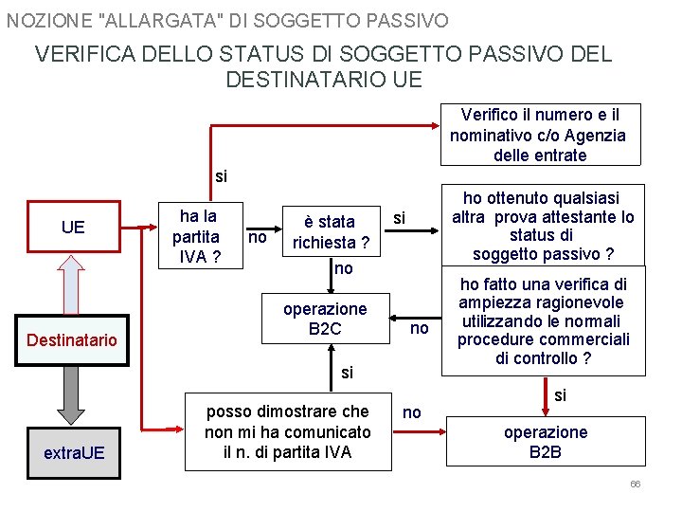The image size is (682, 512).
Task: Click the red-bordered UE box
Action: (x=73, y=227)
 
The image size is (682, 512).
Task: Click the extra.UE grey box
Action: (x=74, y=453)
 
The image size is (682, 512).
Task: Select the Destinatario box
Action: (x=72, y=339)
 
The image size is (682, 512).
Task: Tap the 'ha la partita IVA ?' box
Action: (x=196, y=235)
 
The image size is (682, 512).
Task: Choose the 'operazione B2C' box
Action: (x=324, y=319)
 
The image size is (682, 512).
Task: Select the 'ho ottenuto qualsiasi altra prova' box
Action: (x=543, y=226)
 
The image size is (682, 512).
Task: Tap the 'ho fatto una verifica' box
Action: (x=543, y=321)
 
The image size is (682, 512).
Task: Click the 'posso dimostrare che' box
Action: (x=287, y=431)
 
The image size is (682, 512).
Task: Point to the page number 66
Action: (x=635, y=485)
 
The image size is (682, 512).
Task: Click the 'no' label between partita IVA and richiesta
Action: (x=257, y=237)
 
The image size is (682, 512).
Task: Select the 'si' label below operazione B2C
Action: (x=347, y=373)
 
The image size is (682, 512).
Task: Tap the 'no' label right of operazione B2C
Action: (x=419, y=328)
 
